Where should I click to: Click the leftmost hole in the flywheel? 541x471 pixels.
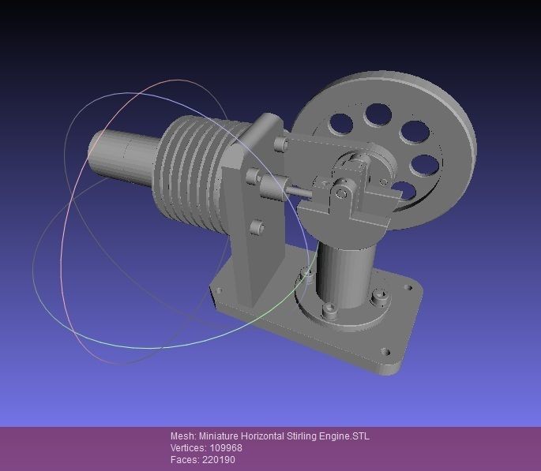tap(341, 123)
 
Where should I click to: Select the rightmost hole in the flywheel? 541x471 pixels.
tap(426, 165)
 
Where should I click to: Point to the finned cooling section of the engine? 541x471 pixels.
tap(194, 166)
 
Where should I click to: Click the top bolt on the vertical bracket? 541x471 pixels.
tap(280, 144)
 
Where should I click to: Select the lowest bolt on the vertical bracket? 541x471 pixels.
tap(256, 227)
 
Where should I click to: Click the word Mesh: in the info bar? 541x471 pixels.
tap(182, 436)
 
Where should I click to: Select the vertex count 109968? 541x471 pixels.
tap(226, 447)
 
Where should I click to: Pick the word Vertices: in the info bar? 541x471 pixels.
tap(188, 447)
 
